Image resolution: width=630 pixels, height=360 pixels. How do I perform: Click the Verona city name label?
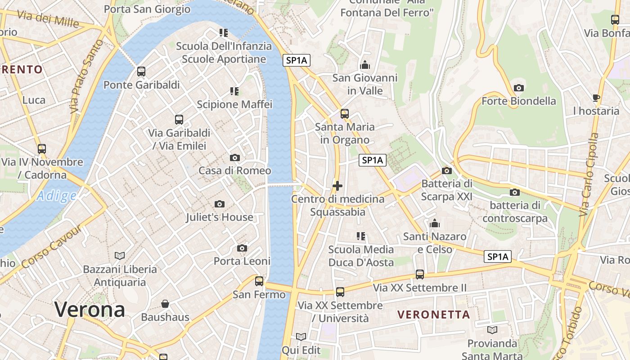pos(90,310)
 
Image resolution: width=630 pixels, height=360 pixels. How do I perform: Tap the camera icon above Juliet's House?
pos(220,204)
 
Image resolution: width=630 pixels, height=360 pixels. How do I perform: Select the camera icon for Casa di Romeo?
pos(234,157)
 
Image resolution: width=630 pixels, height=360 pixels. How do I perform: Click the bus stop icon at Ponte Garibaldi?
pos(141,72)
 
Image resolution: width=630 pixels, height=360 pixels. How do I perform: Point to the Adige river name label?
pos(57,196)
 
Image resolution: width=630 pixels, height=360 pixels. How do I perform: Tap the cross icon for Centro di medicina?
pos(337,185)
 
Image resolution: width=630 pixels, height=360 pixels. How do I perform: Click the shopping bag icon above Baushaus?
pos(165,304)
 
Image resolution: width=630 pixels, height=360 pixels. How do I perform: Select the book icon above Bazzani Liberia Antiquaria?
pos(120,256)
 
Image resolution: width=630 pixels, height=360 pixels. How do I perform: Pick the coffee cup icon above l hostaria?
pos(596,98)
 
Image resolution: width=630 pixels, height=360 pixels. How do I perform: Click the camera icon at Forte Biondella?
pos(519,88)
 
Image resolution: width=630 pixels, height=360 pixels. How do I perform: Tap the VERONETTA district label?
pos(434,315)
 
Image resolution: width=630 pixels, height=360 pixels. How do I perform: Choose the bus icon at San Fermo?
pos(259,281)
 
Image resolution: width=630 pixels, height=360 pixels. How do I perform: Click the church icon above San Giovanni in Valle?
pos(365,65)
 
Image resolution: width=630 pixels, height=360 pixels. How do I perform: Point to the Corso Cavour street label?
pos(51,247)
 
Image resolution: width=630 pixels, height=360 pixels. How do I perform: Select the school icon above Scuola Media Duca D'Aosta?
pos(361,236)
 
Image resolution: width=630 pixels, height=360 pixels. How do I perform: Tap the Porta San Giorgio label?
pos(147,9)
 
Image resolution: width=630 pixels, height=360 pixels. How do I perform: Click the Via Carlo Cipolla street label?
pos(589,175)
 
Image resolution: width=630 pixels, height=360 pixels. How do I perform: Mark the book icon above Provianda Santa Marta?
pos(492,330)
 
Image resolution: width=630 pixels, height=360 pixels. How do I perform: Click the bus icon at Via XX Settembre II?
pos(420,274)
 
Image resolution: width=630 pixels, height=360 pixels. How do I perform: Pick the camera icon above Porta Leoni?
pos(242,248)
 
